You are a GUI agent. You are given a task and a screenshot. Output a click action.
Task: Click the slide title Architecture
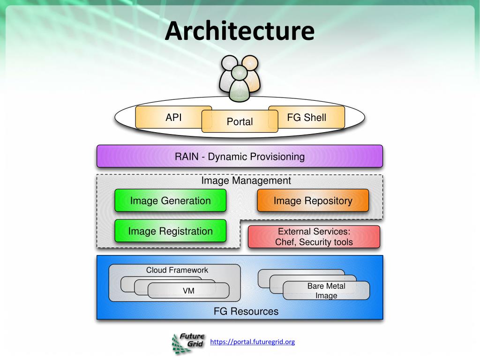pos(240,30)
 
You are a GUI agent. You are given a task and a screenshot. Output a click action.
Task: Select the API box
pos(173,117)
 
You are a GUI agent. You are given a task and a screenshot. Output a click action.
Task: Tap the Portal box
pos(240,121)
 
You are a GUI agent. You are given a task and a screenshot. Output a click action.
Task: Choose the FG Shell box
pos(307,117)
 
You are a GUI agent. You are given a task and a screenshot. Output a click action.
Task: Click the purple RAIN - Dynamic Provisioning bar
pos(240,156)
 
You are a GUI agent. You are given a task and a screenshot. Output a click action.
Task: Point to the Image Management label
pos(246,180)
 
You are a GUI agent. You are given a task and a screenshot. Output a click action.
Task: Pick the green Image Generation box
pos(170,201)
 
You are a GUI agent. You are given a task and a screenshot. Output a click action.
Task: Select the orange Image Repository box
pos(313,201)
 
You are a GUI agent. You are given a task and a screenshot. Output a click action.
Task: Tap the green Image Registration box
pos(170,231)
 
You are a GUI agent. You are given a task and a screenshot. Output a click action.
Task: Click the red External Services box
pos(314,237)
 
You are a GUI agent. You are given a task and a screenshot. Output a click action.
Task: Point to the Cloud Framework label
pos(177,270)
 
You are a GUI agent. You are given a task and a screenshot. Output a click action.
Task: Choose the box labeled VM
pos(188,291)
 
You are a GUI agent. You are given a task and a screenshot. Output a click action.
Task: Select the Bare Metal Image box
pos(326,291)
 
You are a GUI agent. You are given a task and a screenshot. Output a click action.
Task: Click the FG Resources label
pos(246,311)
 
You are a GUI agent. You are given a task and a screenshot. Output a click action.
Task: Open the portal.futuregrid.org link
pos(252,342)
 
